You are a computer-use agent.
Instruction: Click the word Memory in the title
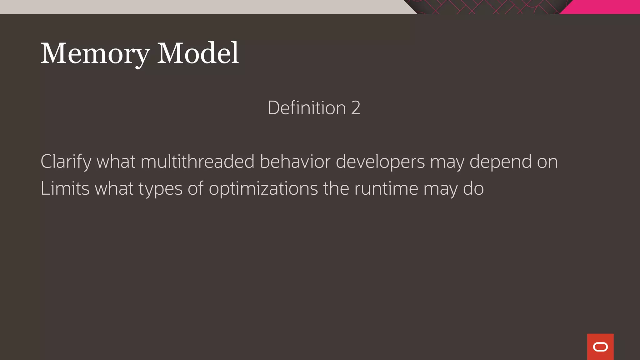[95, 54]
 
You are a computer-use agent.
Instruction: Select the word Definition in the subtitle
[307, 108]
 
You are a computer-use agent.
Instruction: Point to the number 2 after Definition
[356, 108]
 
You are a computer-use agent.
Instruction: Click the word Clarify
[66, 162]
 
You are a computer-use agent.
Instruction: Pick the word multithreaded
[197, 162]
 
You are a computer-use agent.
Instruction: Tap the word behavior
[295, 162]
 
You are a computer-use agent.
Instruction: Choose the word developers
[380, 162]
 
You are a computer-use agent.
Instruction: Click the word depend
[500, 162]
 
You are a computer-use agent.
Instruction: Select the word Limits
[65, 188]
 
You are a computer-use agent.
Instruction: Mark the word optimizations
[263, 189]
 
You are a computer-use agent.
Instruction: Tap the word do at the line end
[473, 188]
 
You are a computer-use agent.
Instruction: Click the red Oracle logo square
[600, 347]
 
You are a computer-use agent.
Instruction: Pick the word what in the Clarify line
[116, 162]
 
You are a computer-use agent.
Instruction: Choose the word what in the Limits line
[114, 188]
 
